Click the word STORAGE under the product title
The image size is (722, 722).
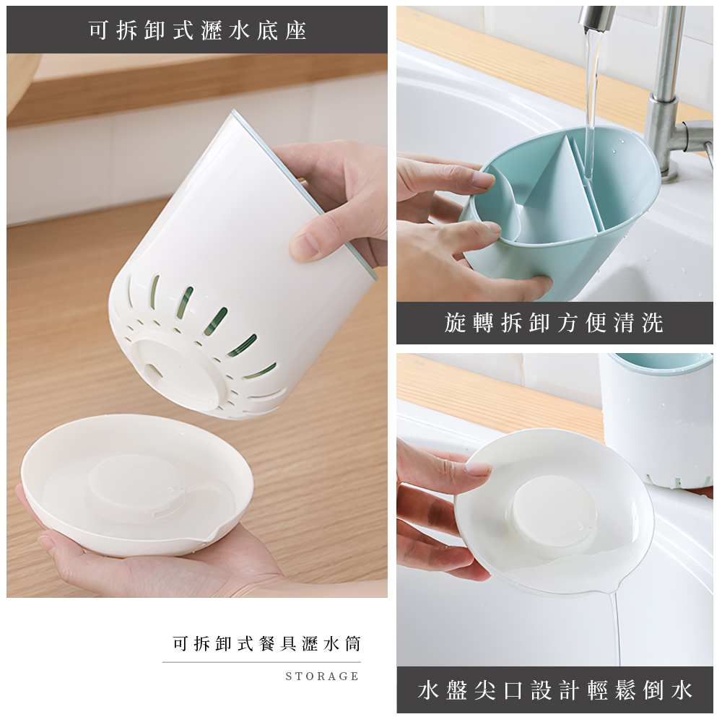click(x=322, y=677)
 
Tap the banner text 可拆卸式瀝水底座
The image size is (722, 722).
click(x=197, y=30)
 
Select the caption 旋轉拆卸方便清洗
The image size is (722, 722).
click(x=554, y=323)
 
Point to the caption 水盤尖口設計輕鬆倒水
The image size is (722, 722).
click(x=554, y=690)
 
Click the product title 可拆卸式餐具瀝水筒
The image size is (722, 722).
click(x=266, y=643)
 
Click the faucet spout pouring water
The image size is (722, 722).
click(x=597, y=17)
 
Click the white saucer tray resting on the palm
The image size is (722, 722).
click(x=137, y=484)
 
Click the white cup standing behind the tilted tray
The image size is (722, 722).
click(x=657, y=419)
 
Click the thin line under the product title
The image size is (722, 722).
click(x=261, y=662)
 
